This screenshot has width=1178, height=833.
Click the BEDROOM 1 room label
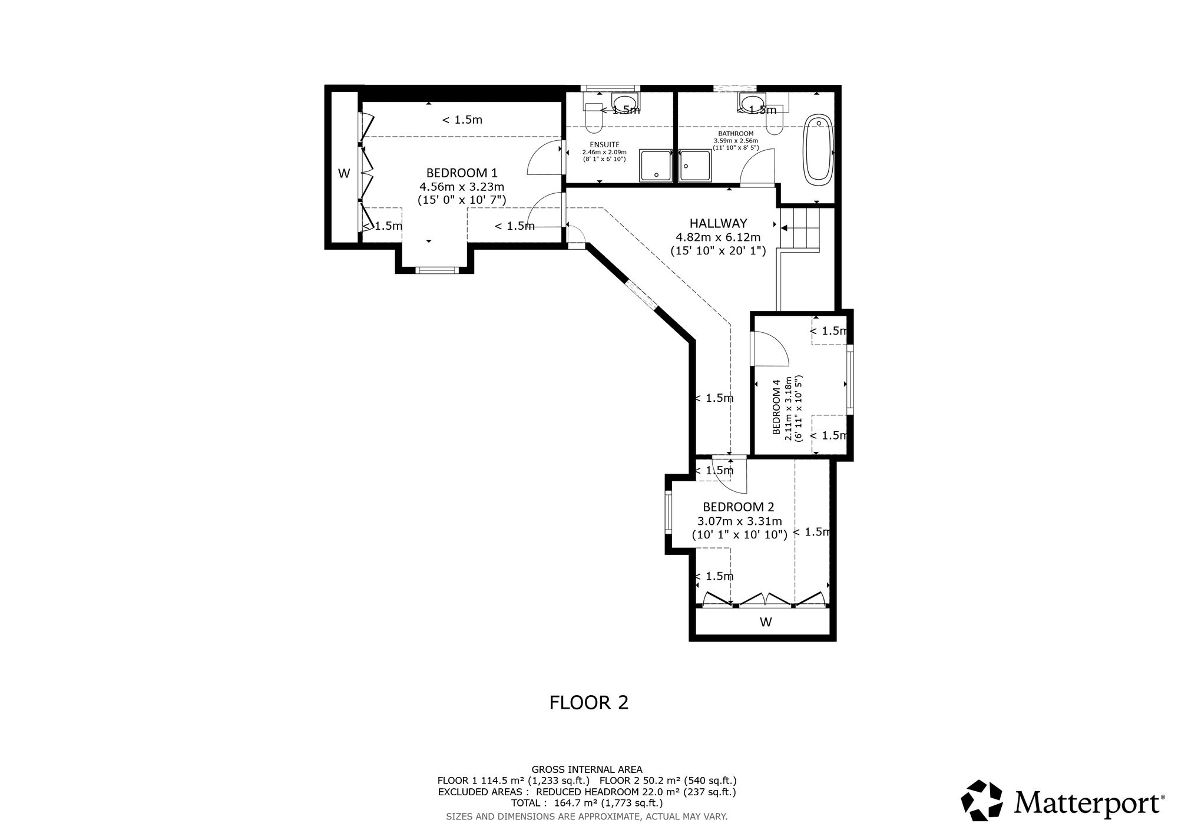pyautogui.click(x=462, y=173)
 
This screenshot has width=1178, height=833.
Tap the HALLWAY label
pyautogui.click(x=718, y=223)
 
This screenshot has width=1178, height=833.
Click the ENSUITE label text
pyautogui.click(x=604, y=144)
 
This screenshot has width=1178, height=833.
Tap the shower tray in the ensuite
pyautogui.click(x=656, y=166)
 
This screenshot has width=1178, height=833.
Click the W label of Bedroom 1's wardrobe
pyautogui.click(x=344, y=173)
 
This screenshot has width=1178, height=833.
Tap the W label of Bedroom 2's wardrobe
pyautogui.click(x=766, y=622)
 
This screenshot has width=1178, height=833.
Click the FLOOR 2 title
pyautogui.click(x=589, y=702)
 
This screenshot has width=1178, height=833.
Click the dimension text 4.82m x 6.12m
pyautogui.click(x=718, y=237)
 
